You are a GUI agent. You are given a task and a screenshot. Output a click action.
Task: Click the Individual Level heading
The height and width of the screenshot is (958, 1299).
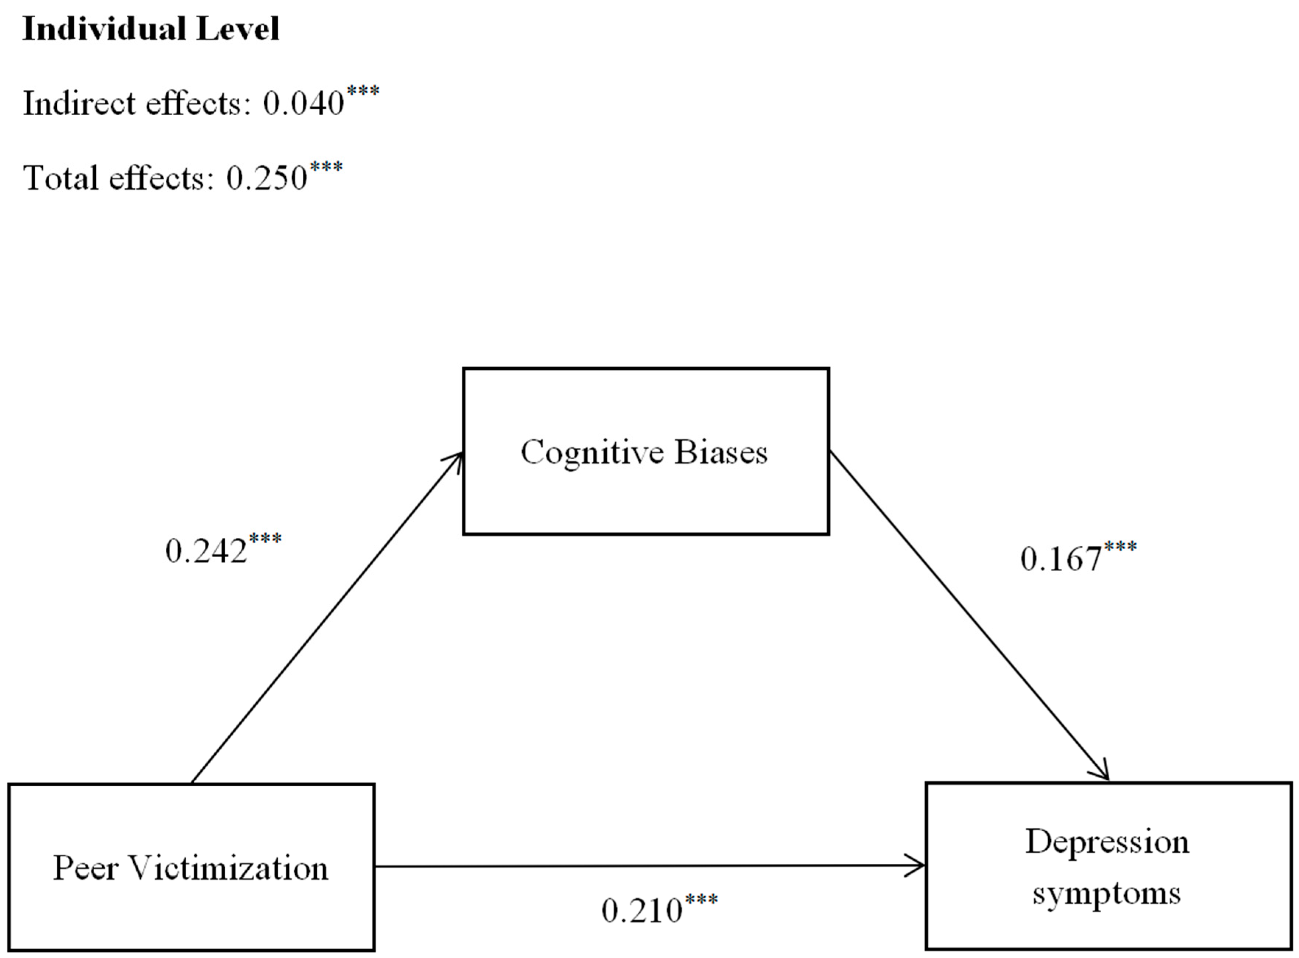tap(150, 29)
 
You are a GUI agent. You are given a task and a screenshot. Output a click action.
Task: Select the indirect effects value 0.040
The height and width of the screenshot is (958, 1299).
tap(303, 104)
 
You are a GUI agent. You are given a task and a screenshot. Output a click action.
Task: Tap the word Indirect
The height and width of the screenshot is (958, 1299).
tap(79, 104)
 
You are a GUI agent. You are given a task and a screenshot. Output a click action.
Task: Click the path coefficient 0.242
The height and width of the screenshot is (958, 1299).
tap(206, 551)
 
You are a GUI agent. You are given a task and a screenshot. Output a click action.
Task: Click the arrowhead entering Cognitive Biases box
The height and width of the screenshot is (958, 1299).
tap(455, 461)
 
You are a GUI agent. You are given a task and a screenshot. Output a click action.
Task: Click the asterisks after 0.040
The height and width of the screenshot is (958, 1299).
tap(363, 92)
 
